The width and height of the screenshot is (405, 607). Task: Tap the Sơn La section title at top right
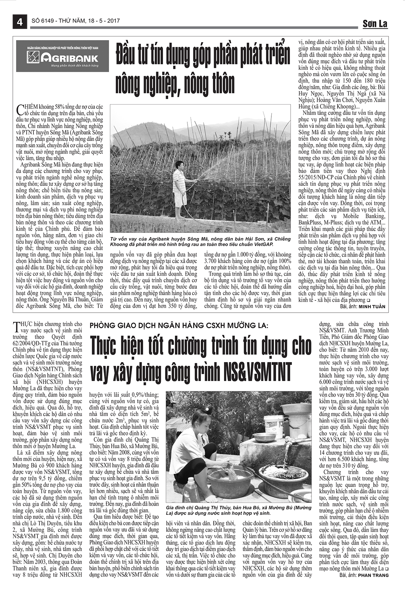point(375,24)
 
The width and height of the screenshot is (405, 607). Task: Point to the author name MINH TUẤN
point(372,307)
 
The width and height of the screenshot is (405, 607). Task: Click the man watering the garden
point(180,189)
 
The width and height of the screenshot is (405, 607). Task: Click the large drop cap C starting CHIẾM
point(19,110)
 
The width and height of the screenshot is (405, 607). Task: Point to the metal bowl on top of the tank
point(264,437)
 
